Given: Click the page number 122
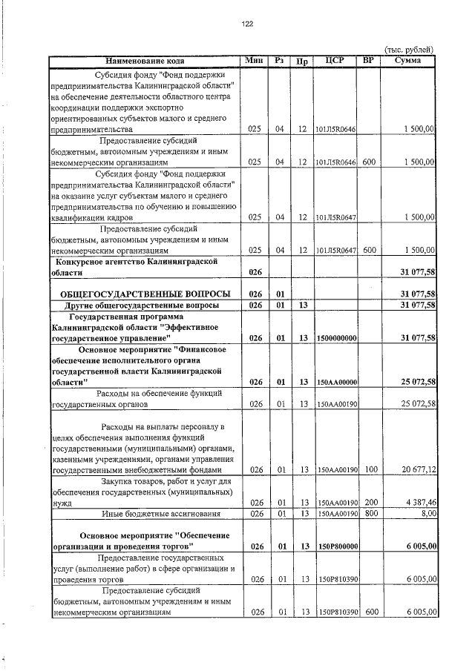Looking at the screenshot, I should point(248,24).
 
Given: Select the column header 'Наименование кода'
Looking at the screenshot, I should point(145,60).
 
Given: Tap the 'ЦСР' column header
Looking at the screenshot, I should point(332,60).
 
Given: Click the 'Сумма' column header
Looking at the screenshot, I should point(409,60).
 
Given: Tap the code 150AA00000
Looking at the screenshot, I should point(338,382).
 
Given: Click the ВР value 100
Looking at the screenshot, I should point(371,469).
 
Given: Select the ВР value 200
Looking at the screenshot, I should point(371,502).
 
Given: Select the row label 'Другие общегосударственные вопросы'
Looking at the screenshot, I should point(141,305).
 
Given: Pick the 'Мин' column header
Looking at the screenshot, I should point(255,60).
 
